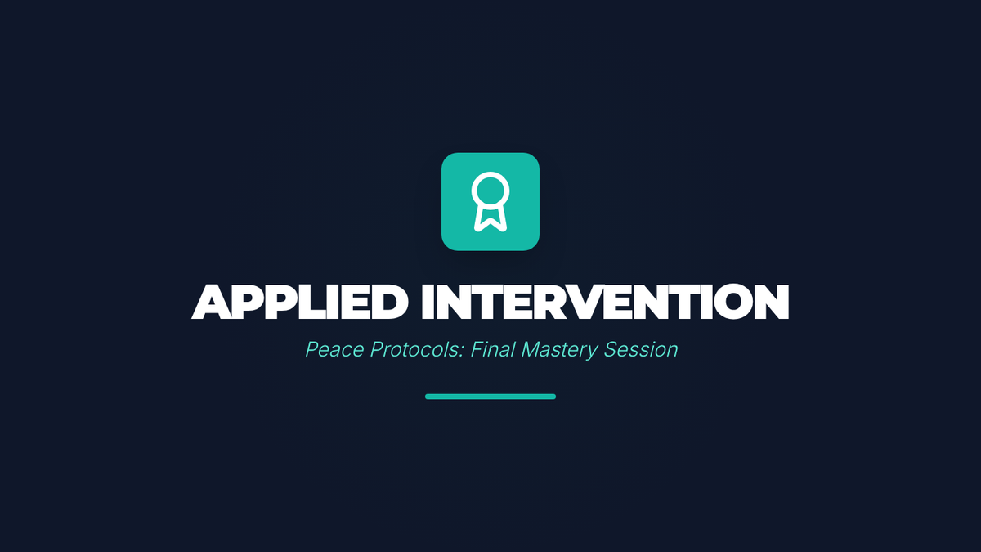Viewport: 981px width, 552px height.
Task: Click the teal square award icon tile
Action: coord(490,201)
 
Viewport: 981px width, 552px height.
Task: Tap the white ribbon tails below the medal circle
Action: coord(490,219)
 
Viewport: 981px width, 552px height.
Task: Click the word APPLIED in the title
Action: coord(300,302)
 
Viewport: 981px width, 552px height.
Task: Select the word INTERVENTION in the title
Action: coord(605,302)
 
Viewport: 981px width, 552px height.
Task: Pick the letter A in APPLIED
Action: coord(212,302)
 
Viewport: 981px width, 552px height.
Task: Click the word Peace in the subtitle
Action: coord(334,350)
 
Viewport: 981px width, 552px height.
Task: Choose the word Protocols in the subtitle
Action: coord(417,350)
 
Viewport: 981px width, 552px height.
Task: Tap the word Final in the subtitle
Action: coord(492,349)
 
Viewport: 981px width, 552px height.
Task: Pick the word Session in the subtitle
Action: coord(641,350)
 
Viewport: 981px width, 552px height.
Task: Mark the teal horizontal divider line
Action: coord(490,397)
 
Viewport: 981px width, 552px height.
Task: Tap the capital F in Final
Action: coord(477,350)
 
